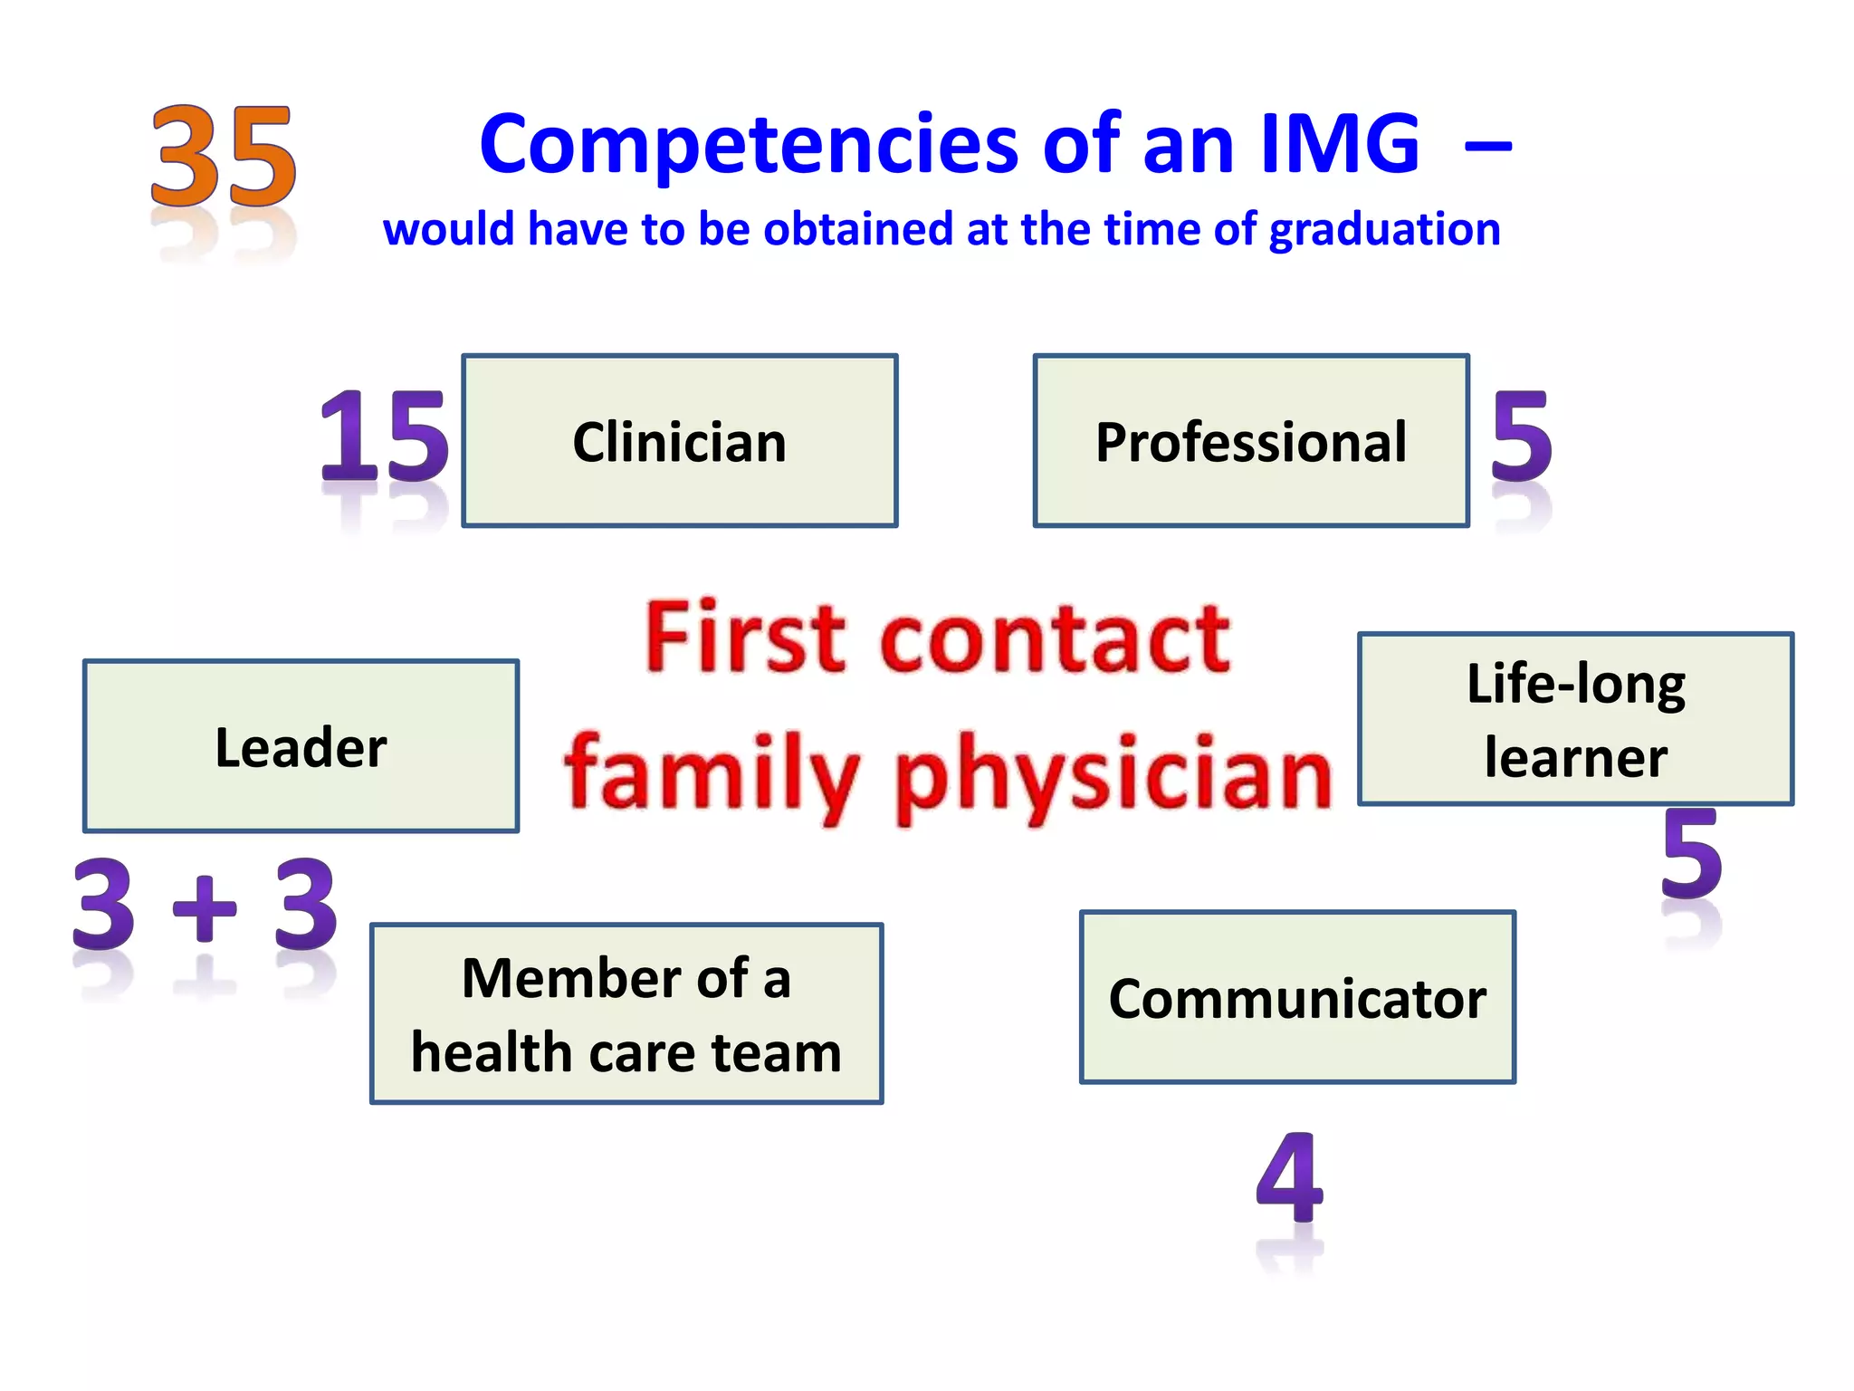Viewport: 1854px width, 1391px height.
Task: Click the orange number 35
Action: click(223, 156)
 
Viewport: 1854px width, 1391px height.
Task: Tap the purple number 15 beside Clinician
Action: click(384, 438)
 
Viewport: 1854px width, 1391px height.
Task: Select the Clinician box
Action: click(679, 441)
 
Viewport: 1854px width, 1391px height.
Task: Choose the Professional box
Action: click(1251, 441)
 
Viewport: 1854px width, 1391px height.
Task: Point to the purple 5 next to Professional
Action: click(1522, 438)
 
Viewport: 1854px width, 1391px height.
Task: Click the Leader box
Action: click(301, 746)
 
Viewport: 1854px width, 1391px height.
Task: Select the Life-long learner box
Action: click(1575, 719)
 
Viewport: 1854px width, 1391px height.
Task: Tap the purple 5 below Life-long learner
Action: click(1692, 855)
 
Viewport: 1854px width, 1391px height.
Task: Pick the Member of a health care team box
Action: click(626, 1013)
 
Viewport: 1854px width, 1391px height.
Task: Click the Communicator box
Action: click(1297, 997)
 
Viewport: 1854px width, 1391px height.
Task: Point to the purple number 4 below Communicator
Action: click(1290, 1177)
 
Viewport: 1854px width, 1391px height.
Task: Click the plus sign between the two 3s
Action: click(205, 907)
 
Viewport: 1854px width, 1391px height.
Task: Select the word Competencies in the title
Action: click(750, 145)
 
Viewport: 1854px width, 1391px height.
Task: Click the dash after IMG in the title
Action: click(1487, 145)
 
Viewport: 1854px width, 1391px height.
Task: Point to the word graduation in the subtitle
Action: click(1384, 230)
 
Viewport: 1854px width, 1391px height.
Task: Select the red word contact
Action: click(1056, 639)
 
